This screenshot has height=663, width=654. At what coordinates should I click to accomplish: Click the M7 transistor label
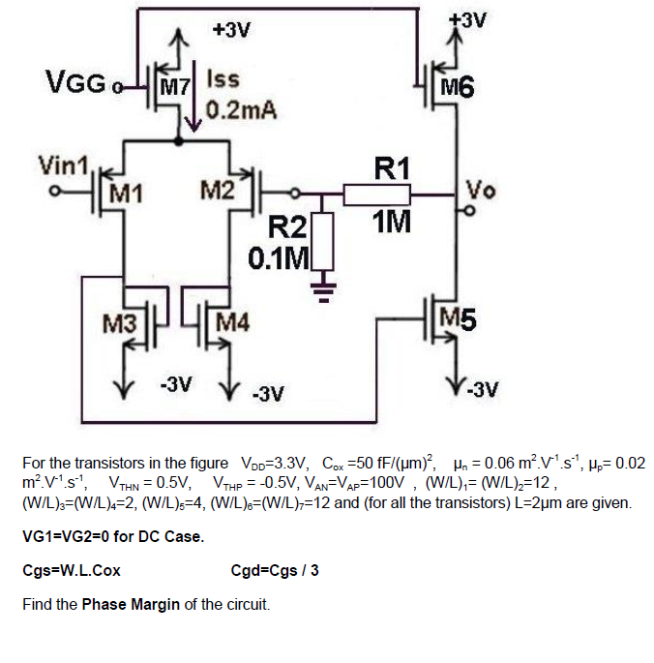174,88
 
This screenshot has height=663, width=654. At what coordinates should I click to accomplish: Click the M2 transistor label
219,188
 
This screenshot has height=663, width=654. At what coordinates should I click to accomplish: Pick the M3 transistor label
120,321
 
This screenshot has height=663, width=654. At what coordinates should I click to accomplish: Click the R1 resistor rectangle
383,196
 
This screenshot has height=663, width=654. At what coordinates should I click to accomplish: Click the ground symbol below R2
324,286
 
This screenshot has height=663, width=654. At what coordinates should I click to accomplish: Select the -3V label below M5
481,390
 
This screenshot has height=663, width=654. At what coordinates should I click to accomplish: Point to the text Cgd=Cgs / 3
275,570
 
